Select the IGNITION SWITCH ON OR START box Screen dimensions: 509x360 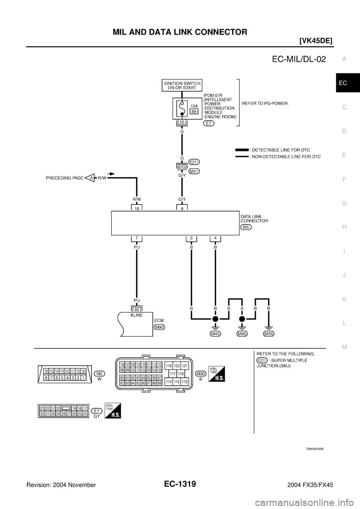tap(182, 85)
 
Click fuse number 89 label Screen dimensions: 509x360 tap(194, 111)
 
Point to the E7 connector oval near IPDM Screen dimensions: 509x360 tap(209, 124)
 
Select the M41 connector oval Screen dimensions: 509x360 tap(194, 171)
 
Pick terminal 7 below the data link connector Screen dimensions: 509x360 tap(137, 238)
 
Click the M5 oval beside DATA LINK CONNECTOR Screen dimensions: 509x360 tap(246, 227)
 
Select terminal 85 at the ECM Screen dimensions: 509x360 tap(137, 310)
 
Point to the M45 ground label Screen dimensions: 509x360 tap(215, 334)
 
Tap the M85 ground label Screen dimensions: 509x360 tap(242, 334)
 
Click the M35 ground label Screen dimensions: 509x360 tap(269, 334)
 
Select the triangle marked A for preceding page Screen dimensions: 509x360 tap(90, 178)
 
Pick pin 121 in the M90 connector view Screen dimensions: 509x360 tap(184, 365)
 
